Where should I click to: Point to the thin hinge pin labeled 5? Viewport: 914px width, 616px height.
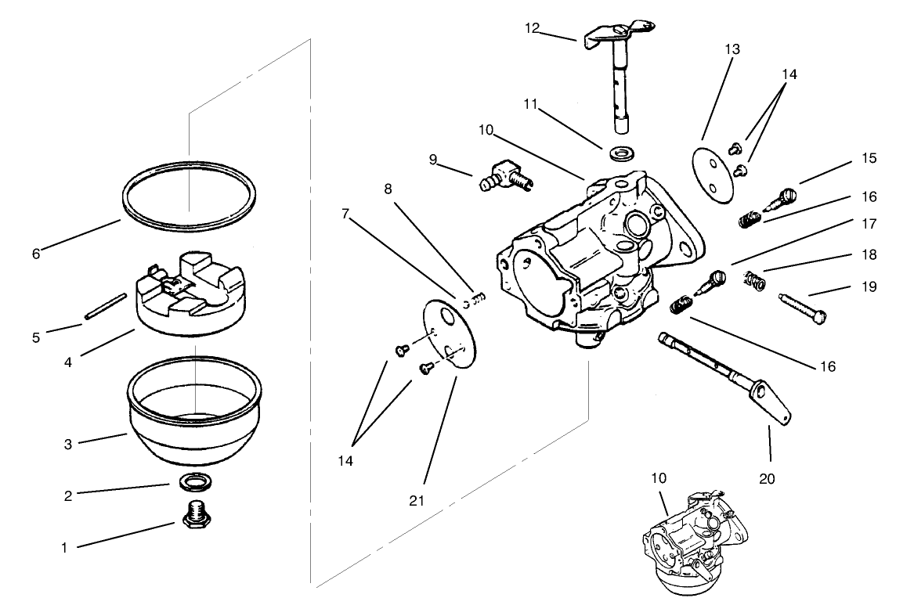coord(106,307)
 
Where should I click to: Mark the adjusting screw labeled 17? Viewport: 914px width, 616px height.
coord(713,280)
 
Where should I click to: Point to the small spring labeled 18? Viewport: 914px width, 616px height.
coord(753,279)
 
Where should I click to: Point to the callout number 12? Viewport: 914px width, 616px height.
coord(532,28)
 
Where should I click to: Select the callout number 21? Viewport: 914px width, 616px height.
coord(416,499)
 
